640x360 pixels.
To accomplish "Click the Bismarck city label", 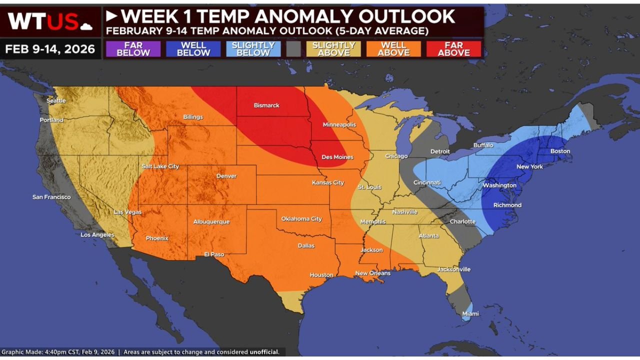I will pos(266,105).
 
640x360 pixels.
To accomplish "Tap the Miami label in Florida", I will pos(470,314).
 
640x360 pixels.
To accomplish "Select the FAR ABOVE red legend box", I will pos(453,49).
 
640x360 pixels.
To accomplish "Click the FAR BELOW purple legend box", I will pos(133,49).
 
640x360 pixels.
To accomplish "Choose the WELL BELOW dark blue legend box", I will pos(193,49).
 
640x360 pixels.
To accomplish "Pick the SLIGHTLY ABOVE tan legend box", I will pos(333,49).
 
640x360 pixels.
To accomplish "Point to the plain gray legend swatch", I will pos(294,49).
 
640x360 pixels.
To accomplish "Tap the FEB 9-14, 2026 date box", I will pos(50,49).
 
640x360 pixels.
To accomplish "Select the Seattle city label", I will pos(56,100).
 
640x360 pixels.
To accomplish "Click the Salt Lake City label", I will pos(160,166).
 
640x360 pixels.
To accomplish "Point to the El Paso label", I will pos(214,254).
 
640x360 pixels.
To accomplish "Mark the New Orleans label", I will pos(372,273).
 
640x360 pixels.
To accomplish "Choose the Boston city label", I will pos(560,151).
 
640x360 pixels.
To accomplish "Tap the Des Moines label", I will pos(337,157).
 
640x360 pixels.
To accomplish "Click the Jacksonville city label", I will pos(454,269).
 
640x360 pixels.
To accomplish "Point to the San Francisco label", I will pos(51,197).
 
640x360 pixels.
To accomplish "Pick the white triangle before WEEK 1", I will pos(111,16).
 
